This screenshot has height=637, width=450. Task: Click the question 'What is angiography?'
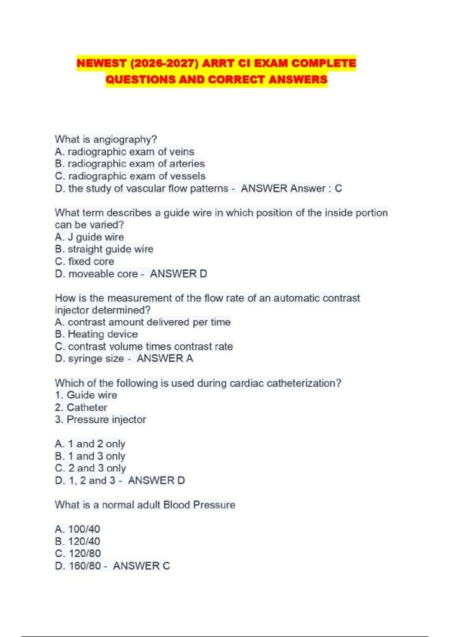pos(106,139)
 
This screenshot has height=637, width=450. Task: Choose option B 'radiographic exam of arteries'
pos(130,164)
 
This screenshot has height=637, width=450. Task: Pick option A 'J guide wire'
pos(89,237)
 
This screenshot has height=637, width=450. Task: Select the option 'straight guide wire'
pos(110,249)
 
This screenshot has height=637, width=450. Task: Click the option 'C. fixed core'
pos(84,262)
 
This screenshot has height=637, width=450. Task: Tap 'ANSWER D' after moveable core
pos(178,274)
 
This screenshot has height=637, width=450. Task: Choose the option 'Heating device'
pos(102,334)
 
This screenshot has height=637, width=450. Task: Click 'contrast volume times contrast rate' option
pos(150,347)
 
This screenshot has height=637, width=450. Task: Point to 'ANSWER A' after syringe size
pos(165,359)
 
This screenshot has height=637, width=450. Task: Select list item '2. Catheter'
pos(81,407)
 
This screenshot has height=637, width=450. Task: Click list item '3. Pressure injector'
pos(100,420)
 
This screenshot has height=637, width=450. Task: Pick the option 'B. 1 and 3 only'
pos(90,456)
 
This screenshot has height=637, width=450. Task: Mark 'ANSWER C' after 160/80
pos(141,566)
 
